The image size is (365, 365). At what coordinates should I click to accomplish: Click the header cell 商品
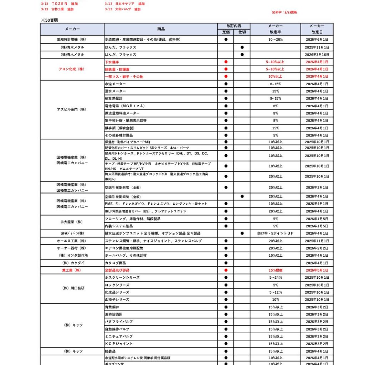(161, 29)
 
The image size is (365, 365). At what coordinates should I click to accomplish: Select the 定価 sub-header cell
(226, 32)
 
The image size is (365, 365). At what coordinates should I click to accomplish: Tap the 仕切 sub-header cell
(242, 32)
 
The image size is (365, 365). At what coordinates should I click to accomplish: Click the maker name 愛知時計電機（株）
(72, 40)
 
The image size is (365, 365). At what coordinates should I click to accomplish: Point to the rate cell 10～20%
(275, 40)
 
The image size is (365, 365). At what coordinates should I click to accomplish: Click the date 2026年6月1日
(317, 40)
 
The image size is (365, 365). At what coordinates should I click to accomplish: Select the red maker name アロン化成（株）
(72, 69)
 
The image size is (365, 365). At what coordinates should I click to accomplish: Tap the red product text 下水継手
(112, 62)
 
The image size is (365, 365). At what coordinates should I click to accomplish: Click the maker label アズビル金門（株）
(72, 109)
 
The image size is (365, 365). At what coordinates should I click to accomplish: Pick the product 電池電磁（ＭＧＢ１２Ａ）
(120, 106)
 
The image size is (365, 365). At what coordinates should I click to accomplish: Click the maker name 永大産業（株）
(72, 222)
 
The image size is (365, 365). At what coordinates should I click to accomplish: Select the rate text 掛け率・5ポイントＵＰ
(275, 233)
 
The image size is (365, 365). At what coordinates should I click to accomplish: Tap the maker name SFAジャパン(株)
(72, 233)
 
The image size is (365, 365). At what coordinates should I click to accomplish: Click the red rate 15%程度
(275, 270)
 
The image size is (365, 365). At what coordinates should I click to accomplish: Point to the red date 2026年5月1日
(317, 270)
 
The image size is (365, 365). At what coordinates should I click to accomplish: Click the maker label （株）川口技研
(72, 288)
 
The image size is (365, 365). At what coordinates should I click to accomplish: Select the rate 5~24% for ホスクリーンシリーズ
(275, 277)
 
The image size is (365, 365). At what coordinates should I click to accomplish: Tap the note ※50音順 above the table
(48, 21)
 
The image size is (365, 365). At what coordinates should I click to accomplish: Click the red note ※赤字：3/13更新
(284, 12)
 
